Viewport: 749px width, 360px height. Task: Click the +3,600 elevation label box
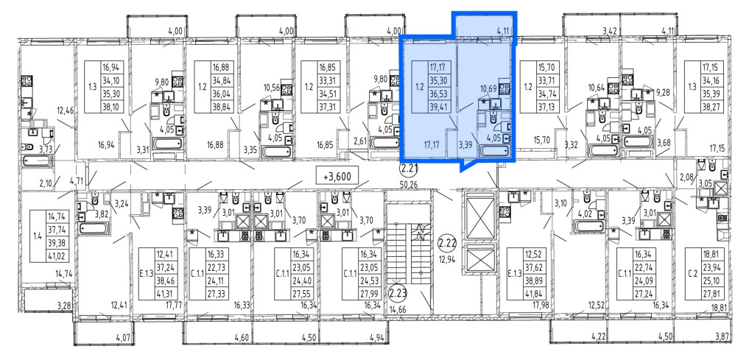point(340,176)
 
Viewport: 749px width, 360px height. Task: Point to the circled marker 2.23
point(396,290)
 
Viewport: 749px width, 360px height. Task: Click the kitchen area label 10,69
point(488,88)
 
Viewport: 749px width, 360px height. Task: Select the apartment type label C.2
point(690,274)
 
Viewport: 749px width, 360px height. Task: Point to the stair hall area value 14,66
point(398,309)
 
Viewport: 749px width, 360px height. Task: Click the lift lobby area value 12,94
point(448,261)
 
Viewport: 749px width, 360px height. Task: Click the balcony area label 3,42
point(610,31)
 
